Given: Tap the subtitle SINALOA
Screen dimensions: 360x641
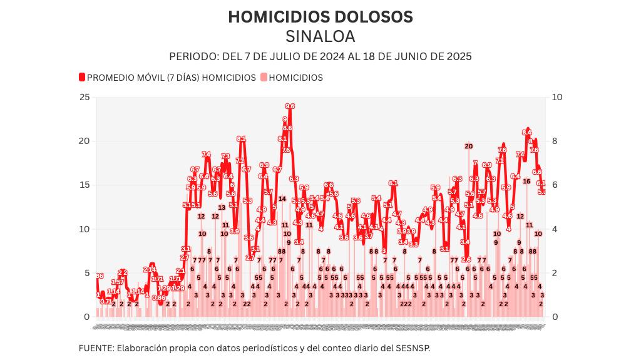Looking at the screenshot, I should point(320,36).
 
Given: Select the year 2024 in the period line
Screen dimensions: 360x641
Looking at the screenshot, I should point(331,56).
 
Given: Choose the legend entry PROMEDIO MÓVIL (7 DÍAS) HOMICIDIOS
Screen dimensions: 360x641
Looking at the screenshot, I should point(171,78).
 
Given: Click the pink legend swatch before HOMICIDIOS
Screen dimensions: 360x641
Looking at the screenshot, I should point(264,78).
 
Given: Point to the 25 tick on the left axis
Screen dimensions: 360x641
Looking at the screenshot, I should point(85,97).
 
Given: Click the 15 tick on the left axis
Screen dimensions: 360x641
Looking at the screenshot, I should point(85,185).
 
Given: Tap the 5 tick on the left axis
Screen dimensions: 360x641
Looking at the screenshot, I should point(87,273).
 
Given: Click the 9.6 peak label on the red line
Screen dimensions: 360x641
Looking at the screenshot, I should point(290,106).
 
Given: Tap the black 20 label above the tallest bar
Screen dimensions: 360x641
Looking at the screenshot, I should point(468,147).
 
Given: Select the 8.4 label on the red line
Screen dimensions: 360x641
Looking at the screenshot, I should point(527,133).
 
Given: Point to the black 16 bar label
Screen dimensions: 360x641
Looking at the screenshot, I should point(527,182).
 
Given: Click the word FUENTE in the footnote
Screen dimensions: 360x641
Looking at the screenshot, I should point(96,347).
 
